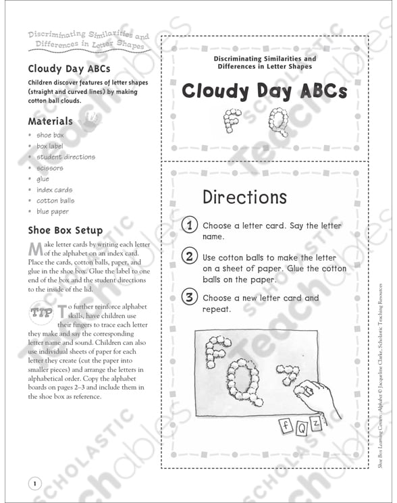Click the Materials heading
(x=50, y=122)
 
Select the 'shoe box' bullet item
(x=50, y=136)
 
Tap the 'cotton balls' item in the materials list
(x=55, y=201)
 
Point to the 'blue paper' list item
(x=53, y=212)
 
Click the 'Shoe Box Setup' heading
(x=65, y=230)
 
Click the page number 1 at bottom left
(x=34, y=483)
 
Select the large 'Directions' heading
(x=244, y=197)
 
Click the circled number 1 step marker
(x=190, y=226)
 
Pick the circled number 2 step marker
(x=190, y=257)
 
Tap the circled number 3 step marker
(x=190, y=298)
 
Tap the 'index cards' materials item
(x=54, y=190)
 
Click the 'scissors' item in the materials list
(x=50, y=168)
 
